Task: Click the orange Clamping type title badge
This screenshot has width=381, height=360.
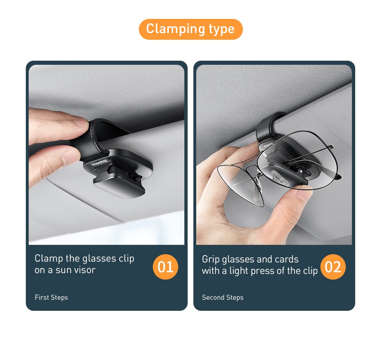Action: pos(190,29)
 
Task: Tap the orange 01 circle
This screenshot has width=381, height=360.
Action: pos(166,267)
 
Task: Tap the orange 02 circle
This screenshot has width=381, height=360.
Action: pos(333,267)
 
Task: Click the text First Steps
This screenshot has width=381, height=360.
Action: pos(51,297)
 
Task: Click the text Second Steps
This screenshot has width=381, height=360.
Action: pos(222,297)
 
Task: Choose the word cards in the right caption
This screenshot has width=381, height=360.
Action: pos(287,259)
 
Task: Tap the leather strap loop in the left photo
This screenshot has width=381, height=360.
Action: pos(98,133)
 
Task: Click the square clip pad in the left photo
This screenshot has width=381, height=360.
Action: pos(119,187)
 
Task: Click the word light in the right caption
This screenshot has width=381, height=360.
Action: pos(239,271)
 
